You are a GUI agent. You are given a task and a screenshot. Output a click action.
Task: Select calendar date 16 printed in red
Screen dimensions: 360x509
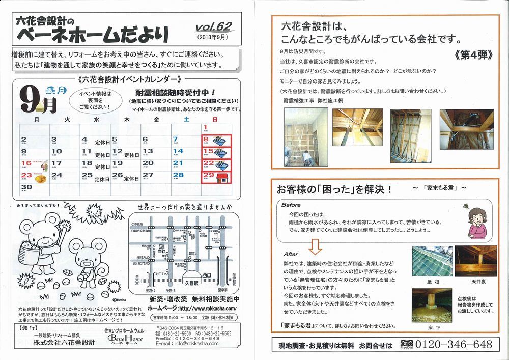(26, 163)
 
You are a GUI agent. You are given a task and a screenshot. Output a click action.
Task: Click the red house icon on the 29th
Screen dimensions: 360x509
(221, 177)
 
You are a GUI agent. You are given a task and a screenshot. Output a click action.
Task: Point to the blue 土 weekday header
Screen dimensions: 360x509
(186, 119)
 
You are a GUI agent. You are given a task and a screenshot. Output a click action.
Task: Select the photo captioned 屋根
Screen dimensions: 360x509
(431, 260)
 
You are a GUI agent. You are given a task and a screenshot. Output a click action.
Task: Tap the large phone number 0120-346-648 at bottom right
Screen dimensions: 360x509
(455, 345)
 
